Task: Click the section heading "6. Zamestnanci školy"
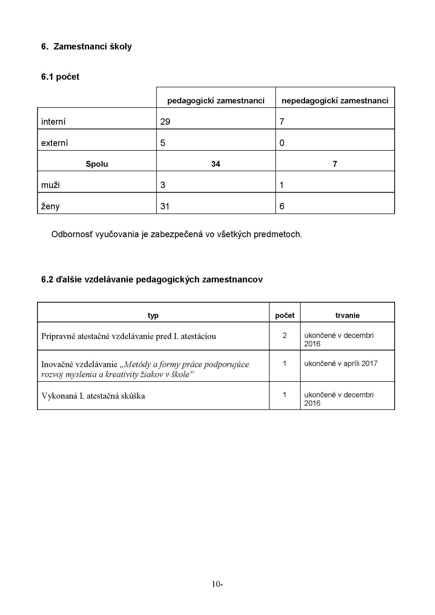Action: pyautogui.click(x=86, y=47)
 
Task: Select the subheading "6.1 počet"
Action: pyautogui.click(x=60, y=77)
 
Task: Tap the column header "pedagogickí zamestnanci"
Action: pyautogui.click(x=216, y=101)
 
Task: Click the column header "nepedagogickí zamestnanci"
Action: pyautogui.click(x=335, y=101)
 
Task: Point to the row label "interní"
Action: pyautogui.click(x=53, y=122)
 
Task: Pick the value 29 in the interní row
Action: pyautogui.click(x=165, y=122)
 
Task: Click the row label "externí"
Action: pyautogui.click(x=54, y=143)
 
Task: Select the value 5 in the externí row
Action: pyautogui.click(x=163, y=143)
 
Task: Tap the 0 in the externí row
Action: pyautogui.click(x=282, y=143)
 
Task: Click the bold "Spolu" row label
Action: pyautogui.click(x=97, y=164)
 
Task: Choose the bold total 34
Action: pyautogui.click(x=216, y=164)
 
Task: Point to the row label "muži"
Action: pyautogui.click(x=50, y=185)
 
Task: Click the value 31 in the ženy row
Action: pyautogui.click(x=165, y=206)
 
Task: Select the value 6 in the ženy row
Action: pyautogui.click(x=282, y=206)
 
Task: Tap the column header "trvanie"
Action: pyautogui.click(x=347, y=315)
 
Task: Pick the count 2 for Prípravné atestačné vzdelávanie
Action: pyautogui.click(x=285, y=335)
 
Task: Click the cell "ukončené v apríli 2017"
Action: pyautogui.click(x=341, y=363)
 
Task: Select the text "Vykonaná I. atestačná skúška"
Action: pyautogui.click(x=93, y=396)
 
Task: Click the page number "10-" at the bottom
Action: pyautogui.click(x=217, y=584)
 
